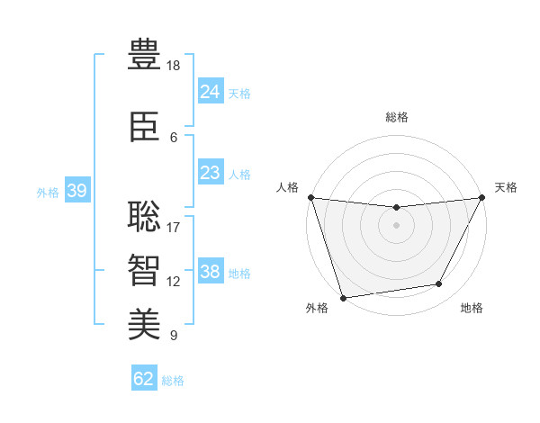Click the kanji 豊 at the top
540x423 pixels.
(144, 55)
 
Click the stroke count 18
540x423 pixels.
(175, 67)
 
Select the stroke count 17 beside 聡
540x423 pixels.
(174, 227)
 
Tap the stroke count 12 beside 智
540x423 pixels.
(174, 282)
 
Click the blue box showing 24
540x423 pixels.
(210, 92)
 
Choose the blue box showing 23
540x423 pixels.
(210, 173)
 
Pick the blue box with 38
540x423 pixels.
(210, 272)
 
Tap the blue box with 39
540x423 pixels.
(76, 191)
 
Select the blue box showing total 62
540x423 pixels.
(144, 379)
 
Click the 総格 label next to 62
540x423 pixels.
(173, 381)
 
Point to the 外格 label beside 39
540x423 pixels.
(48, 193)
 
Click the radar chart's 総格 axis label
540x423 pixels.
(397, 117)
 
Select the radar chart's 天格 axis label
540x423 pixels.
(506, 187)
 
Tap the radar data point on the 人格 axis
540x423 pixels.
(310, 197)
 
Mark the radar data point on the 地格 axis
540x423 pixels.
(439, 284)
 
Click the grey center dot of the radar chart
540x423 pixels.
(396, 225)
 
